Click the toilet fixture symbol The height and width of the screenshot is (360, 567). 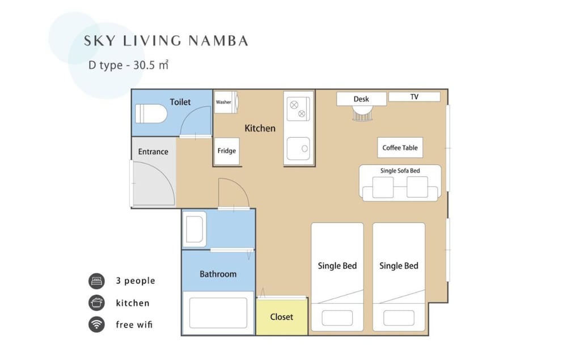point(151,113)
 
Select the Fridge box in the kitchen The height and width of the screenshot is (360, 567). point(227,151)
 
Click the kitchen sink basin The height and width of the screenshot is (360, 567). point(298,149)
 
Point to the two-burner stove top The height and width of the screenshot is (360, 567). point(298,109)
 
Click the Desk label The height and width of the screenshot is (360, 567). point(361,99)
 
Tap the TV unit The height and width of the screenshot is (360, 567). point(414,97)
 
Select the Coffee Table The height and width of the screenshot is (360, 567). point(400,147)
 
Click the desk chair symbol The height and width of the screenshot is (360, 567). point(362,113)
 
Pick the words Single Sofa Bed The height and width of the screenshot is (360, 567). point(400,171)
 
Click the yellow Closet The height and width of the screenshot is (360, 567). point(282,316)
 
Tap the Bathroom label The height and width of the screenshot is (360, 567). point(218,274)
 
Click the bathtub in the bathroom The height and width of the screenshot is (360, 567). point(218,313)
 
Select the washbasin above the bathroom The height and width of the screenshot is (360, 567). point(194,229)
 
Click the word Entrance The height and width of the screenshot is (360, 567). point(153,152)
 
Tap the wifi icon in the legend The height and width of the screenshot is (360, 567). point(96,324)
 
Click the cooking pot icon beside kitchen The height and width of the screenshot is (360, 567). point(96,303)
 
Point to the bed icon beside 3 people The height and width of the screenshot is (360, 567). point(96,281)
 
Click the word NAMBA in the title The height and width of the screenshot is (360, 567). point(218,41)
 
